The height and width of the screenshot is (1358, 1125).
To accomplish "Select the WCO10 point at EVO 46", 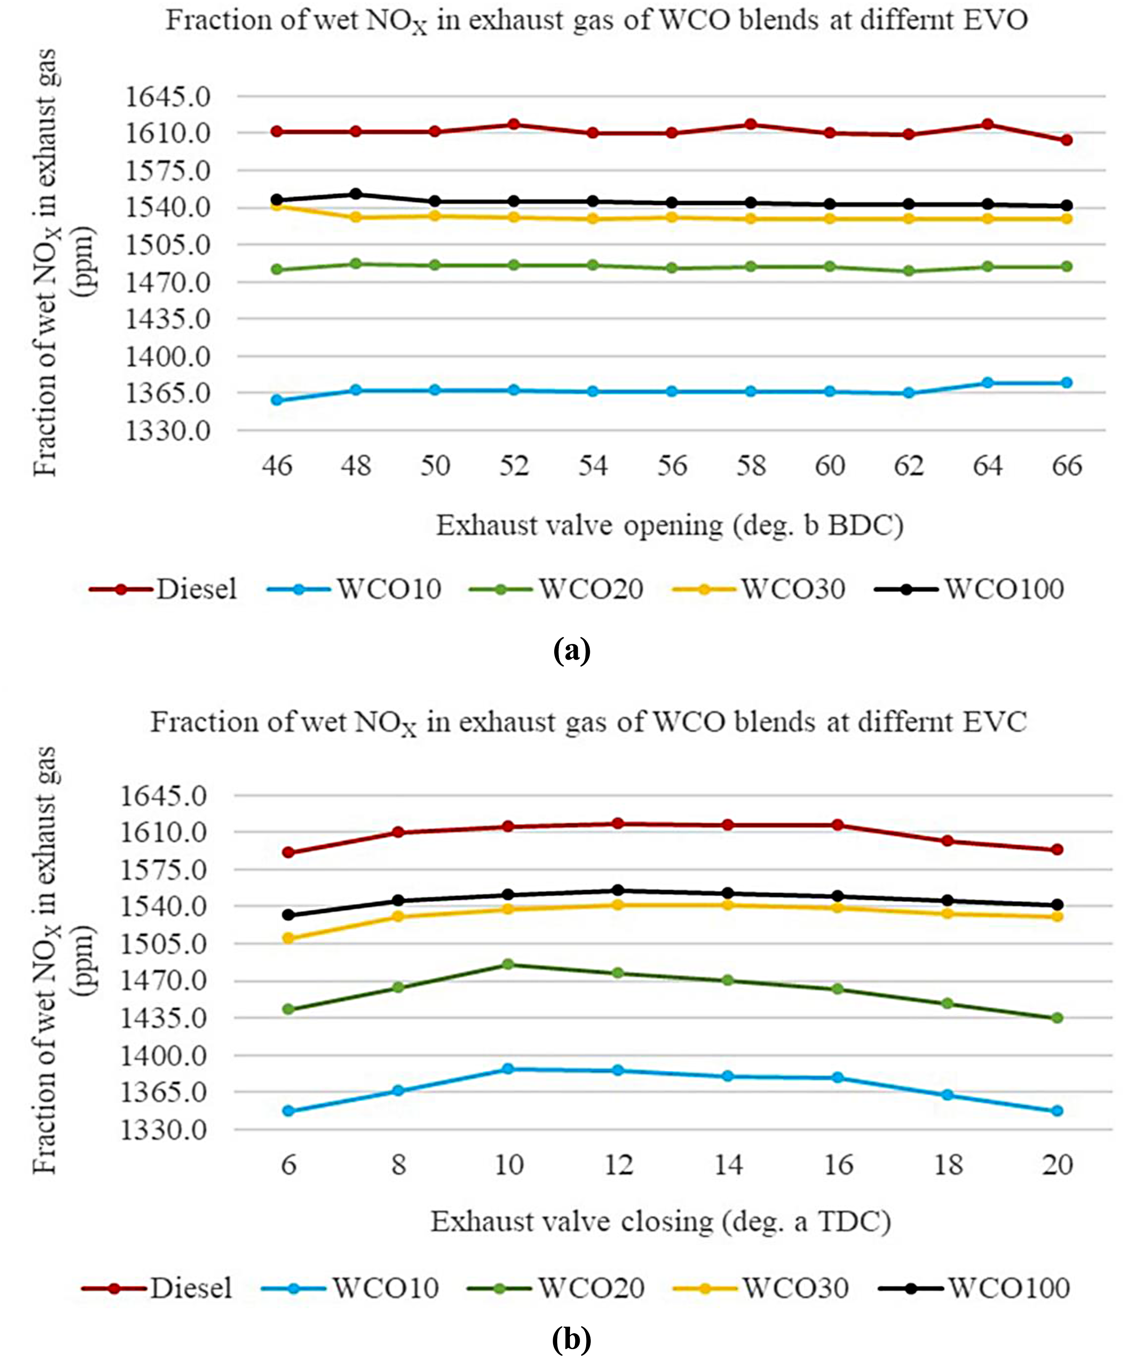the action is click(277, 400).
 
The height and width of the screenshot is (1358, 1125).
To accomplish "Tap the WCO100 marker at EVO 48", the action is click(355, 194).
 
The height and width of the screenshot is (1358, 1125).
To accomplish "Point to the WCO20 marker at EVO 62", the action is click(909, 271).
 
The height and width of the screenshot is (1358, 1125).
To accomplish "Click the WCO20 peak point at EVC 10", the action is click(508, 964).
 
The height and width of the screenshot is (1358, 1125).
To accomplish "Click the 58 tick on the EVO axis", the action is click(751, 465).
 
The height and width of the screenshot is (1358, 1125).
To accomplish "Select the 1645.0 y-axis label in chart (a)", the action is click(168, 97).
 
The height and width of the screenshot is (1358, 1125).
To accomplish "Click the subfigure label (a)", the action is click(572, 651).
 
